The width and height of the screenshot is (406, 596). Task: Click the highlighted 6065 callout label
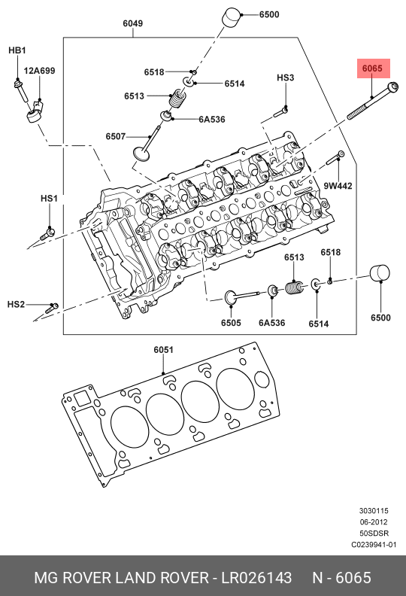(x=373, y=68)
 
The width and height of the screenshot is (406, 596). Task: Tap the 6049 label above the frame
(x=132, y=23)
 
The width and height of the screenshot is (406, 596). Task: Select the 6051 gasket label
(x=163, y=349)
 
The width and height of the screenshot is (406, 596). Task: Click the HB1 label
(x=17, y=50)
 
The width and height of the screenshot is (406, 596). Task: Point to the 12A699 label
(x=40, y=71)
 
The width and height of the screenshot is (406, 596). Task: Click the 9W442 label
(x=338, y=186)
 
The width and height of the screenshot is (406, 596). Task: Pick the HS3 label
(x=285, y=78)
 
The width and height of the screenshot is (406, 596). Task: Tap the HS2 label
(x=16, y=305)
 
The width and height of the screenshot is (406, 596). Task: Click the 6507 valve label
(x=116, y=136)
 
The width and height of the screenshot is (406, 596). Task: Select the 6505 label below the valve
(x=231, y=323)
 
